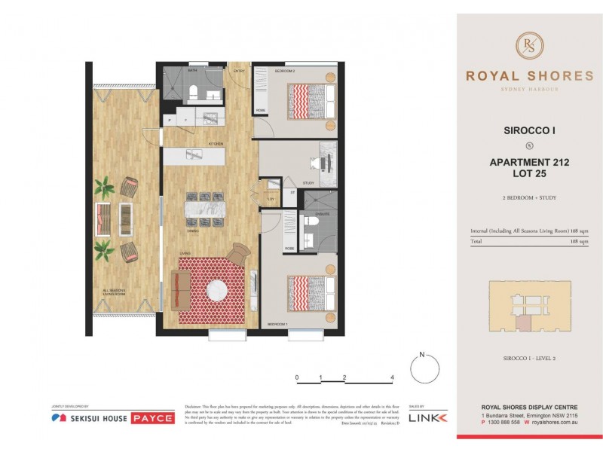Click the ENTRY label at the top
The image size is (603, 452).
[x=240, y=71]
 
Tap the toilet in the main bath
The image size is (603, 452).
[x=194, y=92]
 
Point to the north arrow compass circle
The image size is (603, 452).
[x=424, y=370]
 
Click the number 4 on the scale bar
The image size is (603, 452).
[x=393, y=377]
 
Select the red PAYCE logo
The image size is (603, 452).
[x=153, y=417]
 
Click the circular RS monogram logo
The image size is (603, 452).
[x=529, y=45]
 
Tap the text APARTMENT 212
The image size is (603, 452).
[x=529, y=162]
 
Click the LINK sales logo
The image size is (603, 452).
[x=427, y=417]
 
